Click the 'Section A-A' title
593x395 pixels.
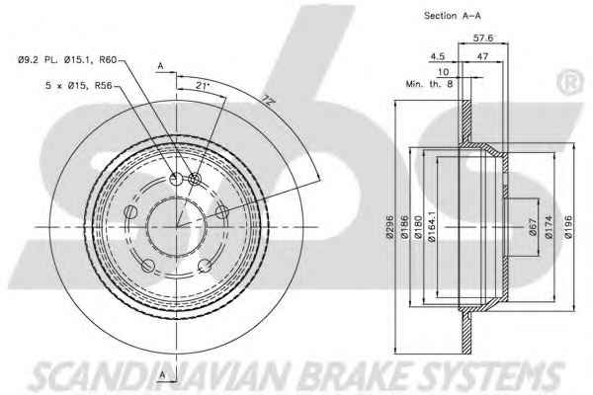tap(453, 16)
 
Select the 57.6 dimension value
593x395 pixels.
tap(483, 38)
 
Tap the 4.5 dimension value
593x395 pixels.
tap(438, 56)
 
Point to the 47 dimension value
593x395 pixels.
tap(482, 56)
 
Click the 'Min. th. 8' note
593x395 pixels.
tap(429, 84)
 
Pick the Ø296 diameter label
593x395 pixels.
tap(390, 227)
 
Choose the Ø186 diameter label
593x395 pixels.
tap(404, 227)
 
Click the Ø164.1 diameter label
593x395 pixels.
tap(432, 226)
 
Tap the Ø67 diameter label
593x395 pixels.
tap(533, 227)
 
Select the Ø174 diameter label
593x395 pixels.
tap(550, 227)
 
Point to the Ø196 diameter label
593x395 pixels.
tap(568, 227)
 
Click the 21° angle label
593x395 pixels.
tap(203, 86)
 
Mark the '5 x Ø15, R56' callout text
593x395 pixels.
tap(79, 86)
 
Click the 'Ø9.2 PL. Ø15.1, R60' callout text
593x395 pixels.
tap(67, 59)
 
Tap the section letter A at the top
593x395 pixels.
tap(161, 66)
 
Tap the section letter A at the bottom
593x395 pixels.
tap(163, 374)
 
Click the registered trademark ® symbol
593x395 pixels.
tap(571, 82)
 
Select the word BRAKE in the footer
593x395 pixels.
tap(356, 375)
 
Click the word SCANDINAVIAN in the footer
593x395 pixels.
tap(163, 376)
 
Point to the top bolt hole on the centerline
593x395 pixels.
tap(177, 179)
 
